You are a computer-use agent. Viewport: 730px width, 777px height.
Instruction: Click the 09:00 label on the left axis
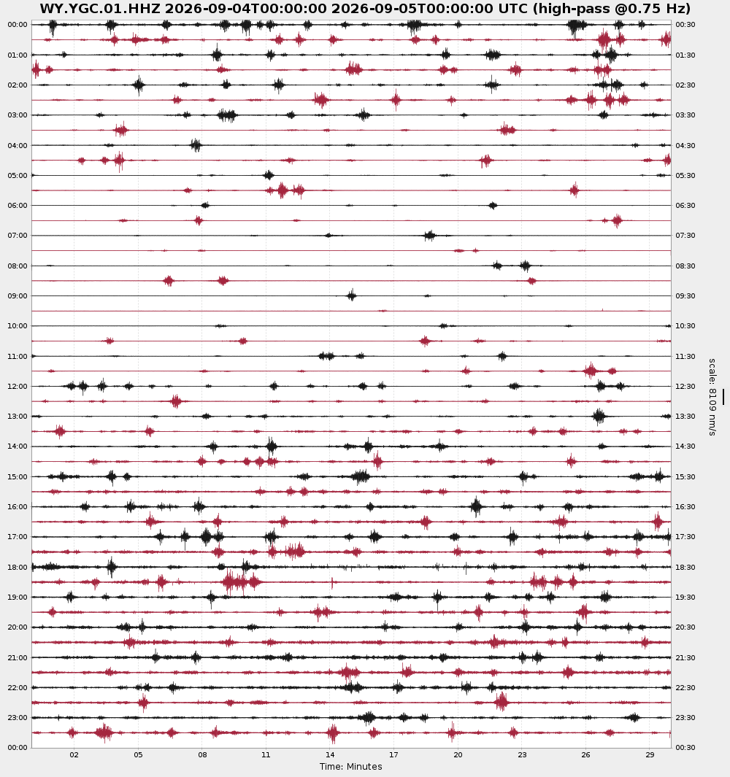point(18,295)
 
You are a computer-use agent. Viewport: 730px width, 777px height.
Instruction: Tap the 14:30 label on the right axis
point(685,447)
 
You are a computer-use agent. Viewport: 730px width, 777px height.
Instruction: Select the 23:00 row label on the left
point(18,717)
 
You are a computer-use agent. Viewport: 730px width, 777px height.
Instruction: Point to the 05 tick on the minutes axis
point(139,754)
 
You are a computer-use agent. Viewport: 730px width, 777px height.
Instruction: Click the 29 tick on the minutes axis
point(650,754)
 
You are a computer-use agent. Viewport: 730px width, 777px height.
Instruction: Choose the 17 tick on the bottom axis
point(393,754)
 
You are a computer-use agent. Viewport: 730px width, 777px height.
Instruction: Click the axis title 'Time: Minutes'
point(350,767)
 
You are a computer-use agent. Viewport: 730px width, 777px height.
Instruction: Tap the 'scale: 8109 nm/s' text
point(712,397)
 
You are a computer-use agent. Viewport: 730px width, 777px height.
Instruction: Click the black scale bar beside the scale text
point(723,397)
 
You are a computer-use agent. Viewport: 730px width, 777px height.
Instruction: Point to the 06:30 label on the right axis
point(685,206)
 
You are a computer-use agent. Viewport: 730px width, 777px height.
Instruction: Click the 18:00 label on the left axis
point(18,568)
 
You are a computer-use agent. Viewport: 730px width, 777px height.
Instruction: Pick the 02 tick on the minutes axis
point(74,754)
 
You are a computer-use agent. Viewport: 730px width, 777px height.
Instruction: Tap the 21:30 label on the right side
point(685,657)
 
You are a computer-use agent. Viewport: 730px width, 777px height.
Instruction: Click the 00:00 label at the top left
point(18,25)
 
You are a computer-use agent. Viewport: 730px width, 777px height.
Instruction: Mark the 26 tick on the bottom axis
point(586,754)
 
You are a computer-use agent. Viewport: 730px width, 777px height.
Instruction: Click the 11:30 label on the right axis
point(685,356)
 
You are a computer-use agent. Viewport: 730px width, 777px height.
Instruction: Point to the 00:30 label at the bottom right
point(685,747)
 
